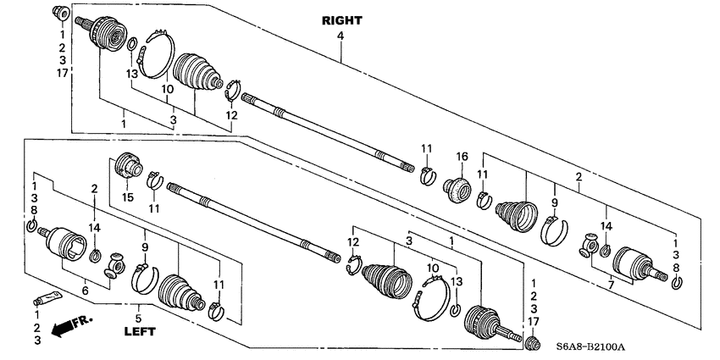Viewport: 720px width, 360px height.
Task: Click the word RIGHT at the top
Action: (x=341, y=19)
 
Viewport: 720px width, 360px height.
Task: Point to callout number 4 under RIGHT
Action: (x=341, y=36)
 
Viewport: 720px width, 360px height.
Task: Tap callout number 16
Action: (x=462, y=158)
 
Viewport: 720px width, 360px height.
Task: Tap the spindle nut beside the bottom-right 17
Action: (x=531, y=343)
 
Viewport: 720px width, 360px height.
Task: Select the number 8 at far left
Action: (x=34, y=210)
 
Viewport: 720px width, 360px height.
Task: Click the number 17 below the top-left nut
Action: (x=61, y=73)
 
